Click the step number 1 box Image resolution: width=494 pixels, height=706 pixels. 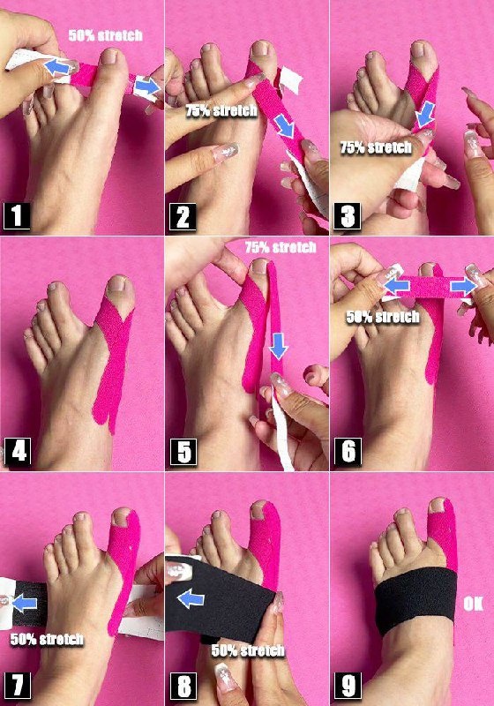tap(17, 216)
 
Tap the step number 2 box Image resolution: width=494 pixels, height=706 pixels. tap(183, 216)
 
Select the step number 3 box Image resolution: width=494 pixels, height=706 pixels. tap(348, 216)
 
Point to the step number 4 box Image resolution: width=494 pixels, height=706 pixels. tap(18, 451)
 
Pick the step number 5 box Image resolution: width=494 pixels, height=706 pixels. tap(183, 452)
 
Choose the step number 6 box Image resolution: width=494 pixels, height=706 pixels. tap(348, 452)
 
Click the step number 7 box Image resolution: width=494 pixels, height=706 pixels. tap(18, 686)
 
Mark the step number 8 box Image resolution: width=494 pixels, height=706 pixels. tap(183, 687)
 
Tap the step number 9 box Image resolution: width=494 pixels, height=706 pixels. tap(348, 687)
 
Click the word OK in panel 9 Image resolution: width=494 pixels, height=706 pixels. tap(474, 604)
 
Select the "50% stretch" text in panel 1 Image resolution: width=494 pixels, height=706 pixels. tap(106, 35)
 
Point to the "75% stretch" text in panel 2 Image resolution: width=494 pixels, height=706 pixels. tap(221, 110)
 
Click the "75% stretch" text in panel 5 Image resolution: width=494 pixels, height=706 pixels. tap(281, 247)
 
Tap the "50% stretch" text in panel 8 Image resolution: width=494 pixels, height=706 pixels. tap(248, 650)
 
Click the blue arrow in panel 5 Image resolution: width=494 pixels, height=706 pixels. tap(279, 347)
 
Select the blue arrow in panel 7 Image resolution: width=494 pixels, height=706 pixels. tap(25, 604)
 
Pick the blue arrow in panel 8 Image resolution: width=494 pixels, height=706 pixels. tap(191, 599)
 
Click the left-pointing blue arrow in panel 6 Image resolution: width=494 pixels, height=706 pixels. tap(397, 285)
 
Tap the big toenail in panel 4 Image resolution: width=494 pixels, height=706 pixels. tap(117, 283)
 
